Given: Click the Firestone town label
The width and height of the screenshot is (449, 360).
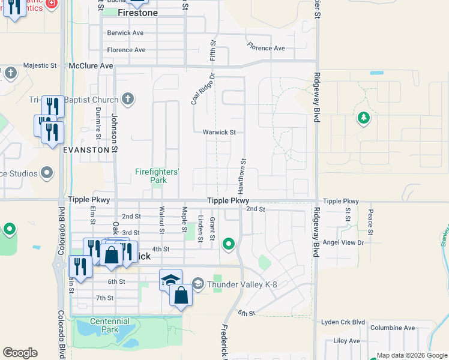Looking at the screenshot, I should click(x=137, y=13).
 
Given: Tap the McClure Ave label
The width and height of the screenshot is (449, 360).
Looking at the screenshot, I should click(x=91, y=65).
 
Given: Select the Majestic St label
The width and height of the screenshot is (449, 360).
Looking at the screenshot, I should click(x=40, y=65).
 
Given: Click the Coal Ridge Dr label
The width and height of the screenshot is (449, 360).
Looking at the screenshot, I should click(x=202, y=89).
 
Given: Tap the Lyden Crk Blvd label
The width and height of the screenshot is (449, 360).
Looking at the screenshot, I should click(x=342, y=322).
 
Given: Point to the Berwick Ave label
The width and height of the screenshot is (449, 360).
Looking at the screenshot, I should click(x=125, y=33).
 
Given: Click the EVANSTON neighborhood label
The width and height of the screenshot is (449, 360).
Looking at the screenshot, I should click(x=86, y=149).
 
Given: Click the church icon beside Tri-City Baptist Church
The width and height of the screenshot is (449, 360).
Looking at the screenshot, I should click(x=127, y=98).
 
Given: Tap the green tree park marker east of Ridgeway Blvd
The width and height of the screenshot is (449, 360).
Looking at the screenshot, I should click(x=363, y=118).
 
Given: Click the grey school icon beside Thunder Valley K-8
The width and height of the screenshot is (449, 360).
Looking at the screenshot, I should click(x=199, y=283).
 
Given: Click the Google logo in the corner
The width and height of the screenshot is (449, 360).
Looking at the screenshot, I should click(x=20, y=352).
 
